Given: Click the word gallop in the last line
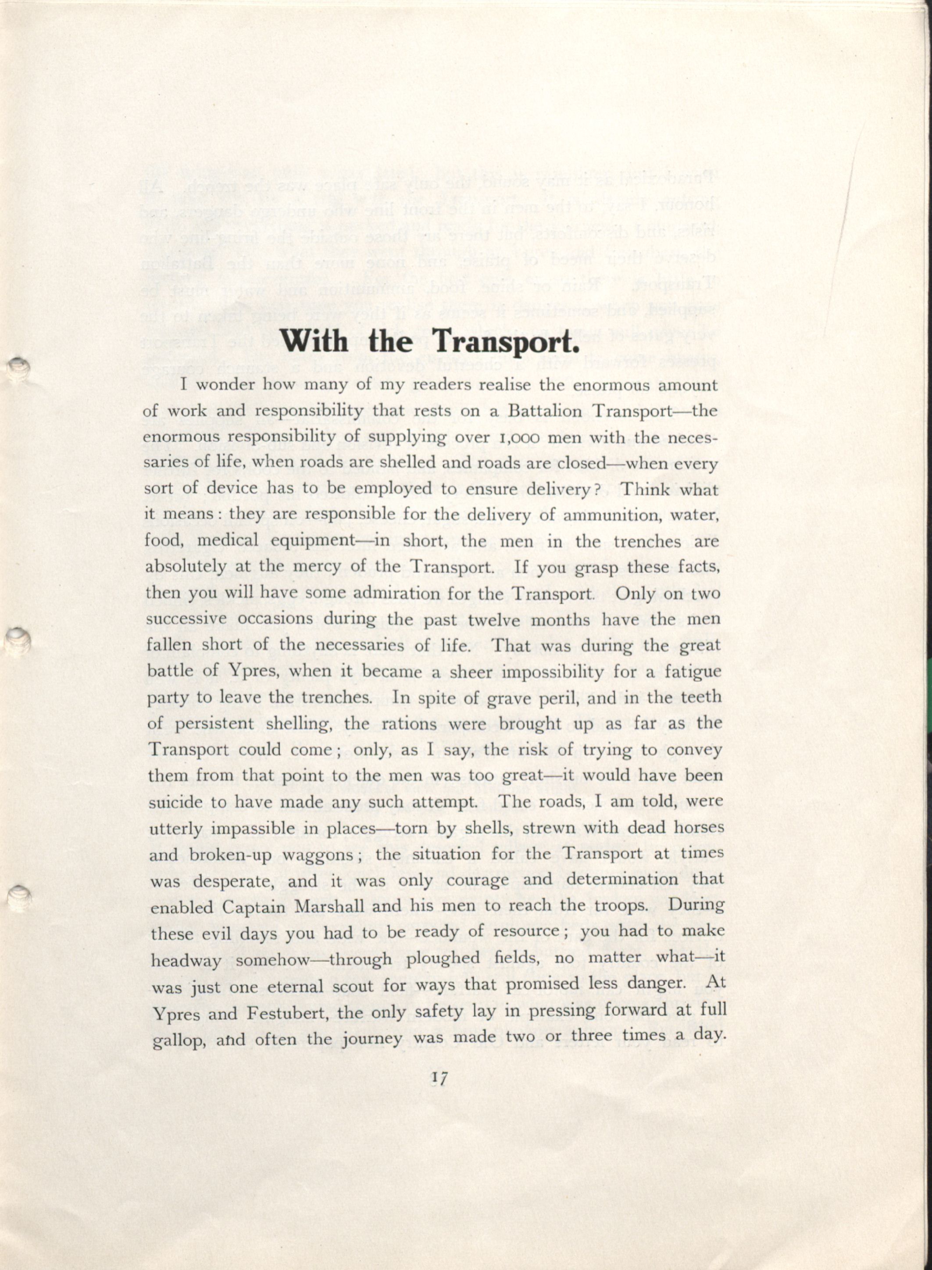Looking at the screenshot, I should click(x=180, y=1041).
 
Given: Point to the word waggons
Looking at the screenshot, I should click(x=317, y=855).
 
